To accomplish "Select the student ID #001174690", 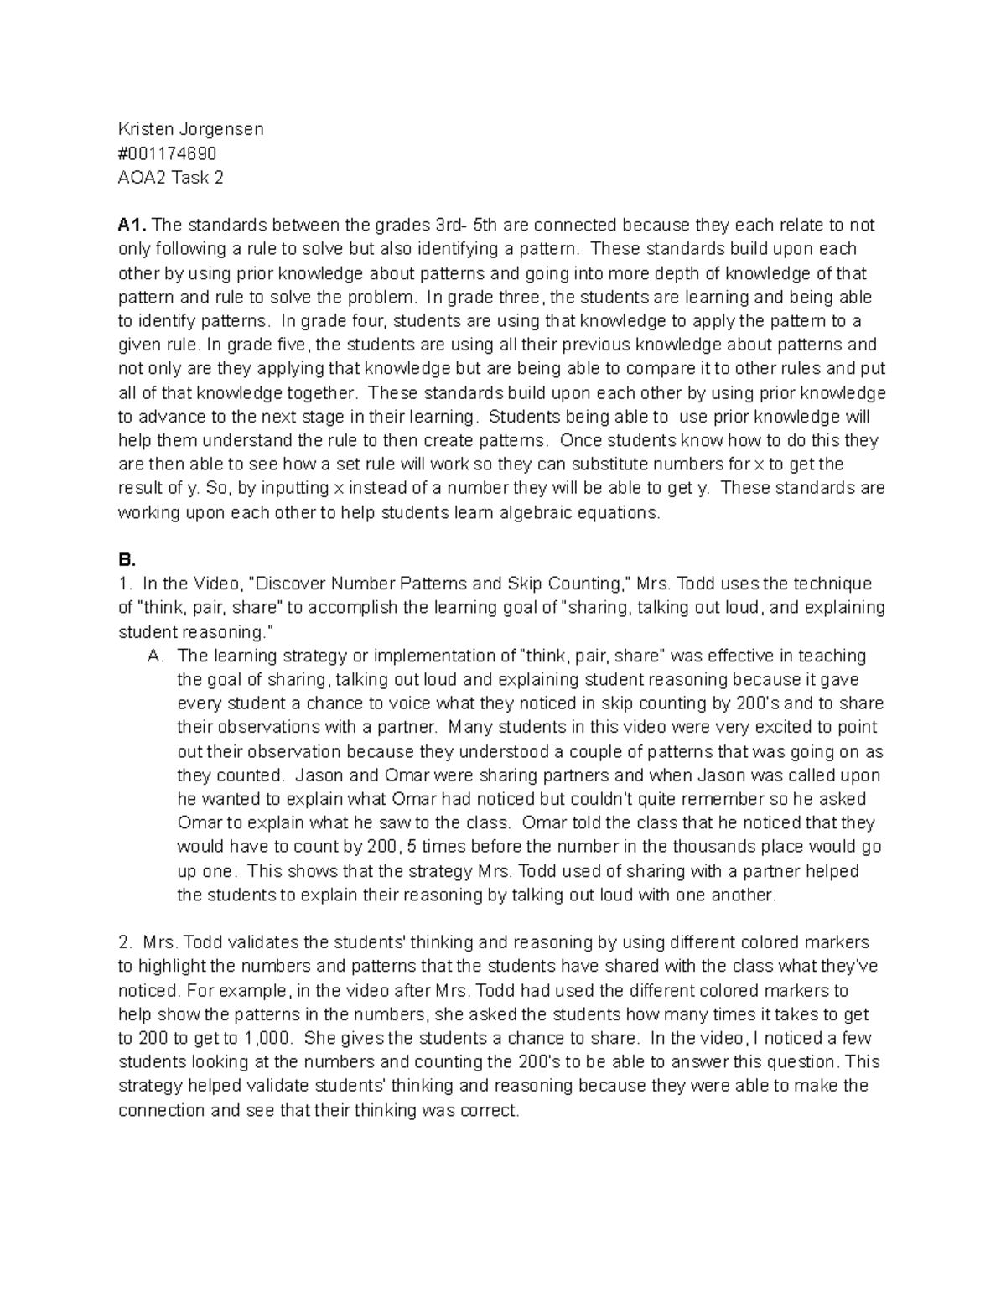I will [167, 153].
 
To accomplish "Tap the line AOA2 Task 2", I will [170, 178].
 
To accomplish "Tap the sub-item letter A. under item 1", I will [155, 656].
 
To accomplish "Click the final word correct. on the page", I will [490, 1111].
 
